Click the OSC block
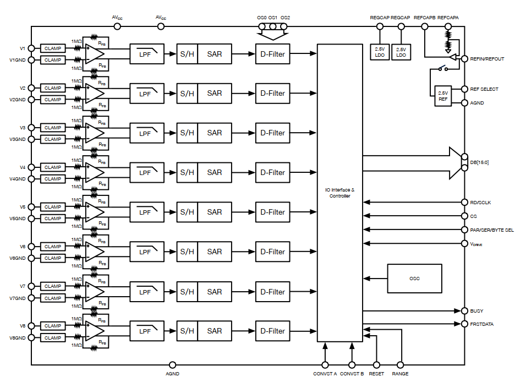click(x=414, y=279)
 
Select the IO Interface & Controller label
click(x=339, y=193)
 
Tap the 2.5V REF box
click(x=443, y=96)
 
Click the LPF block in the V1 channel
click(x=146, y=54)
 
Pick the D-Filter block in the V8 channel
click(x=272, y=331)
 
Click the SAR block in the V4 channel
click(x=215, y=172)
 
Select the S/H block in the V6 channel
click(x=187, y=252)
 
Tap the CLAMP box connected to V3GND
click(x=53, y=139)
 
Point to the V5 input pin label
click(x=23, y=207)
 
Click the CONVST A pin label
click(x=325, y=374)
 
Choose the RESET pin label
click(x=376, y=374)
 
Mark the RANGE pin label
click(x=400, y=374)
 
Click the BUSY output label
click(x=476, y=311)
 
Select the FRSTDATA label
click(x=482, y=324)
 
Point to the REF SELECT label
click(x=485, y=89)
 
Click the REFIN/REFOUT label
click(x=487, y=59)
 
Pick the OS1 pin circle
click(x=273, y=26)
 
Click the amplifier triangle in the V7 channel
click(x=95, y=291)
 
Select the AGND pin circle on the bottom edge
click(x=172, y=364)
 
